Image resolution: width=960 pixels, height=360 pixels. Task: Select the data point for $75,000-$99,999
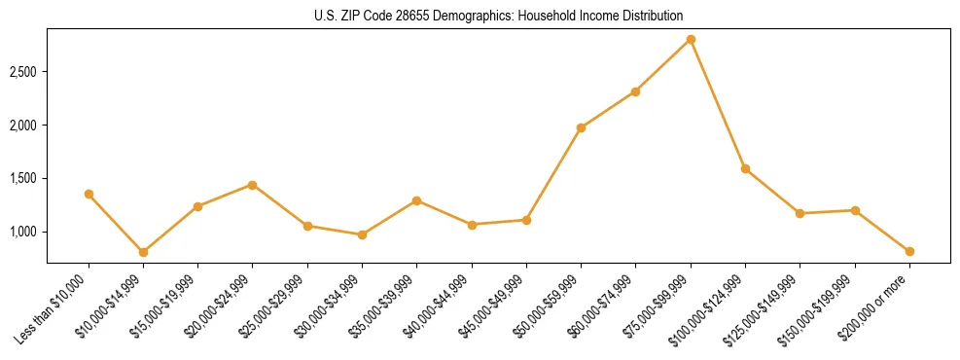pyautogui.click(x=691, y=39)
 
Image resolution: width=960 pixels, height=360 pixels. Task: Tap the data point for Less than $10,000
pyautogui.click(x=89, y=194)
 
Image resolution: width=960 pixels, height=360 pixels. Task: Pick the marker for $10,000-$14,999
pyautogui.click(x=143, y=252)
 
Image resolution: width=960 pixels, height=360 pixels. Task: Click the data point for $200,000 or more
pyautogui.click(x=909, y=251)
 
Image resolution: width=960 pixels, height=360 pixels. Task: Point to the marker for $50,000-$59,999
pyautogui.click(x=581, y=127)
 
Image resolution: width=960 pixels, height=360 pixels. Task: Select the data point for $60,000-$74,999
pyautogui.click(x=635, y=91)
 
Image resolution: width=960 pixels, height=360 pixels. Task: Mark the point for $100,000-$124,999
pyautogui.click(x=745, y=168)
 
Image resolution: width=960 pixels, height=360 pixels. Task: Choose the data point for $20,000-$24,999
pyautogui.click(x=253, y=185)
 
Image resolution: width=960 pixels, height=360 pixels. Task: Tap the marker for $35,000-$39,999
pyautogui.click(x=416, y=200)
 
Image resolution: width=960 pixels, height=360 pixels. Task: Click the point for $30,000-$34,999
pyautogui.click(x=362, y=234)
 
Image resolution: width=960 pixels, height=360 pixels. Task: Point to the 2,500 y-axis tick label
pyautogui.click(x=23, y=72)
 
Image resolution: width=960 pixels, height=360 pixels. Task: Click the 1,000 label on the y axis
pyautogui.click(x=23, y=232)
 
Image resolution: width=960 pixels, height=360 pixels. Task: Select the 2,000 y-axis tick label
pyautogui.click(x=23, y=126)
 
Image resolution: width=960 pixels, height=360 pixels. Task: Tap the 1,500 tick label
pyautogui.click(x=23, y=179)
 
